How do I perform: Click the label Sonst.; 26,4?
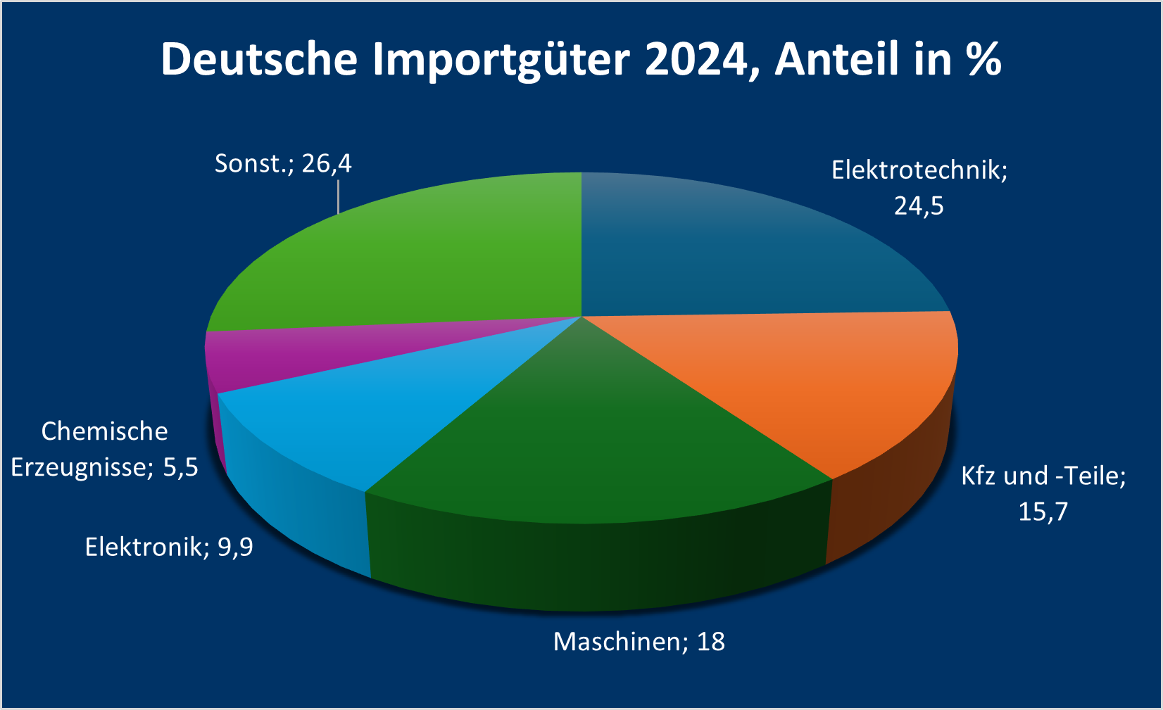(x=283, y=164)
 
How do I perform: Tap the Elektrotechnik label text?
(x=919, y=170)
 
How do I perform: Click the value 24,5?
(x=919, y=206)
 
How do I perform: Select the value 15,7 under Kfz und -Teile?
(x=1043, y=512)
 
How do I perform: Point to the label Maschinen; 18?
(x=639, y=642)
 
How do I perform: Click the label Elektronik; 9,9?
(x=169, y=547)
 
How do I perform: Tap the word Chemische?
(x=104, y=431)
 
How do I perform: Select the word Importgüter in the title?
(x=501, y=59)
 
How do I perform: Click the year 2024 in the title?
(x=694, y=59)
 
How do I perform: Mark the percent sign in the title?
(x=984, y=59)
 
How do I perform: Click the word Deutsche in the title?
(x=259, y=59)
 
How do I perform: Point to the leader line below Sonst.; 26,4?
(x=339, y=196)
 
